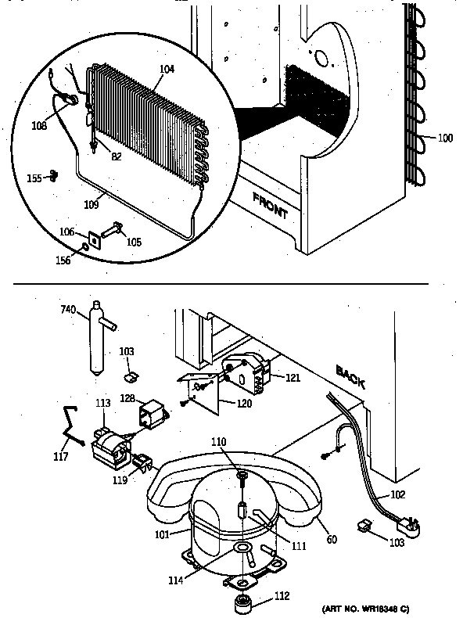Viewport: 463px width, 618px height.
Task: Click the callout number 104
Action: [167, 70]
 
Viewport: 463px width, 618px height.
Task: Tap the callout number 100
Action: [444, 138]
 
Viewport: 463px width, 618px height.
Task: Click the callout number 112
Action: [281, 596]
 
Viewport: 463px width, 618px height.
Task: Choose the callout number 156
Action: [66, 260]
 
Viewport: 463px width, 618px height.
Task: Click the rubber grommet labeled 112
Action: [243, 605]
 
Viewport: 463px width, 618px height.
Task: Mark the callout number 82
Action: [116, 156]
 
